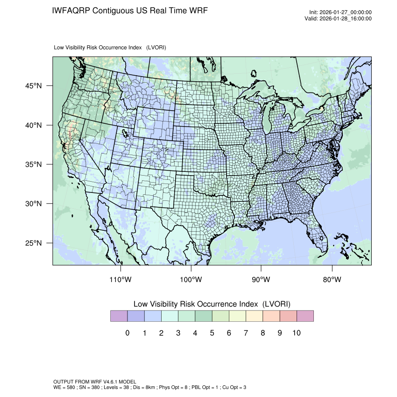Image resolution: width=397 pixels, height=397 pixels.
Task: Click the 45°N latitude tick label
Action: pos(35,86)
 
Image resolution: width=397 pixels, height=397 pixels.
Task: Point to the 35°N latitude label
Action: pos(35,164)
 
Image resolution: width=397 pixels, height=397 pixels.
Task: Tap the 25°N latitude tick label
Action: pos(35,243)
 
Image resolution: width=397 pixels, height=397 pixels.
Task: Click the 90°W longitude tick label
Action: pos(261,279)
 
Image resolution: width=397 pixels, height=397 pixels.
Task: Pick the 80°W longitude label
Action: pos(332,279)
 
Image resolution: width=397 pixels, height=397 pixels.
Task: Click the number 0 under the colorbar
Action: pos(127,333)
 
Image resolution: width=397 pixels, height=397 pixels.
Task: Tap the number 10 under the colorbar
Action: pos(297,333)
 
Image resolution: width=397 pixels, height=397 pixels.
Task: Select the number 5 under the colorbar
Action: pos(212,333)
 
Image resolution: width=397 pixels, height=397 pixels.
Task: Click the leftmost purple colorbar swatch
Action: pos(119,316)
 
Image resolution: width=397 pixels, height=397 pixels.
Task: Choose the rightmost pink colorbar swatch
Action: pos(305,316)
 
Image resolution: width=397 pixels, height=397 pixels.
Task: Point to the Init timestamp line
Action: pos(340,13)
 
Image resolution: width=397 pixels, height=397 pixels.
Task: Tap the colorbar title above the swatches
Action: pos(212,304)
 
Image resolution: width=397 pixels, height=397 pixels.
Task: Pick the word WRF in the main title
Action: pos(198,10)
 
